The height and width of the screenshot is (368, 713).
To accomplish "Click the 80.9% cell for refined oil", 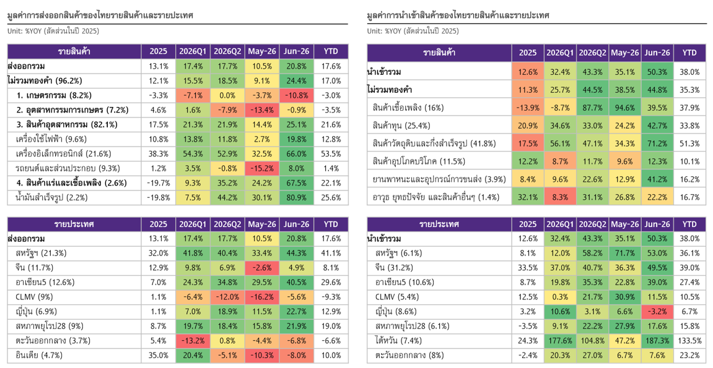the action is [x=297, y=197].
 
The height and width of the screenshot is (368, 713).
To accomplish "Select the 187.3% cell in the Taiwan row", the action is [x=657, y=340].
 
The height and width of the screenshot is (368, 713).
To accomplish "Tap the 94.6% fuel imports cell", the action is [x=624, y=108].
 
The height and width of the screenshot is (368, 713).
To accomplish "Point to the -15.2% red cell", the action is [x=262, y=168].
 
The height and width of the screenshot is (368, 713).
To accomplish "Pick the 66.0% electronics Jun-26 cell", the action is [x=297, y=154].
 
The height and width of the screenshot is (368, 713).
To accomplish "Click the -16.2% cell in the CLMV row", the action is [x=262, y=297].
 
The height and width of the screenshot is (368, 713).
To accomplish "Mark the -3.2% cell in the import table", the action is [x=657, y=311].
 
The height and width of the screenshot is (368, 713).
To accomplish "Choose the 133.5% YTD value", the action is [x=689, y=340].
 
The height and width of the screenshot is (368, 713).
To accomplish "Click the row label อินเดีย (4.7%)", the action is [x=39, y=355].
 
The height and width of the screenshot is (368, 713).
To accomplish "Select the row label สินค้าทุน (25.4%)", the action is [x=401, y=126].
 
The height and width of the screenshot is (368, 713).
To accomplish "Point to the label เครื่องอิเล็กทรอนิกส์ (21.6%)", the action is [x=63, y=154].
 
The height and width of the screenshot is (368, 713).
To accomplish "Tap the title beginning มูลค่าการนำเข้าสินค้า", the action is [x=458, y=15].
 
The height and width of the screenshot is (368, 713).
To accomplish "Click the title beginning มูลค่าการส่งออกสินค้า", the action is [x=100, y=15].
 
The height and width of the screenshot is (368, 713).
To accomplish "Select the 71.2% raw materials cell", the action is [x=657, y=143].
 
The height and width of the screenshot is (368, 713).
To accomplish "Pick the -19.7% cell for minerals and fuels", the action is [x=158, y=183].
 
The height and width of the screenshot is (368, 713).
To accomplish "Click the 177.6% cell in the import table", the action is [x=560, y=340].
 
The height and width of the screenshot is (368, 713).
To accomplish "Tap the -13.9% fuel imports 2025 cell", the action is [x=528, y=108].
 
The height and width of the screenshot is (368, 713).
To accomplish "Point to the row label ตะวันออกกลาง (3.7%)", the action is [x=53, y=340].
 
